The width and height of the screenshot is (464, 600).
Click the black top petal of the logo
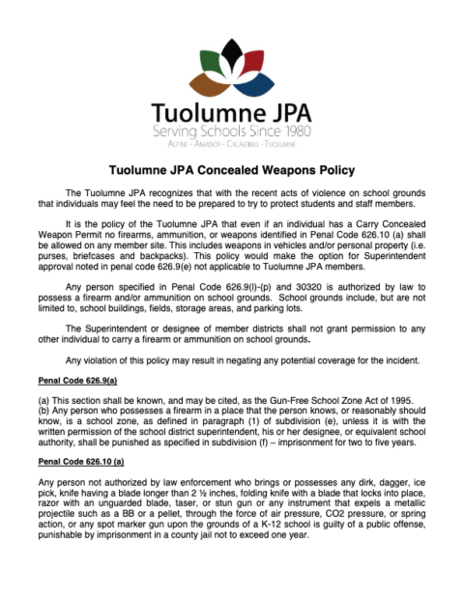click(x=231, y=52)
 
